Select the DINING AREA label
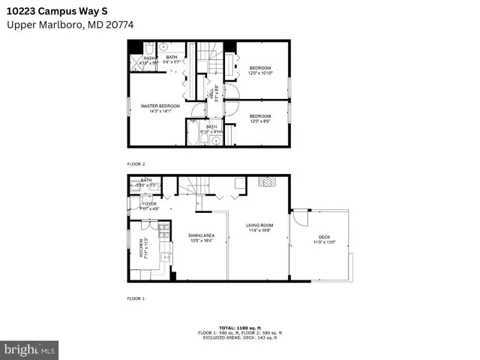coord(201,235)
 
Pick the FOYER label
coord(149,203)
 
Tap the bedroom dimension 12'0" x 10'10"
coord(260,73)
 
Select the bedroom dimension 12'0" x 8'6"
coord(260,120)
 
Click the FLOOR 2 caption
coord(135,163)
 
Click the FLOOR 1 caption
coord(135,298)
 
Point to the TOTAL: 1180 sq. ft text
coord(239,328)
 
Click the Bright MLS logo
coord(29,349)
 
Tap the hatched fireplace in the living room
coord(266,181)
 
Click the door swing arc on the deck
coord(300,217)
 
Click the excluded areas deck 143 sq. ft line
coord(239,337)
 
